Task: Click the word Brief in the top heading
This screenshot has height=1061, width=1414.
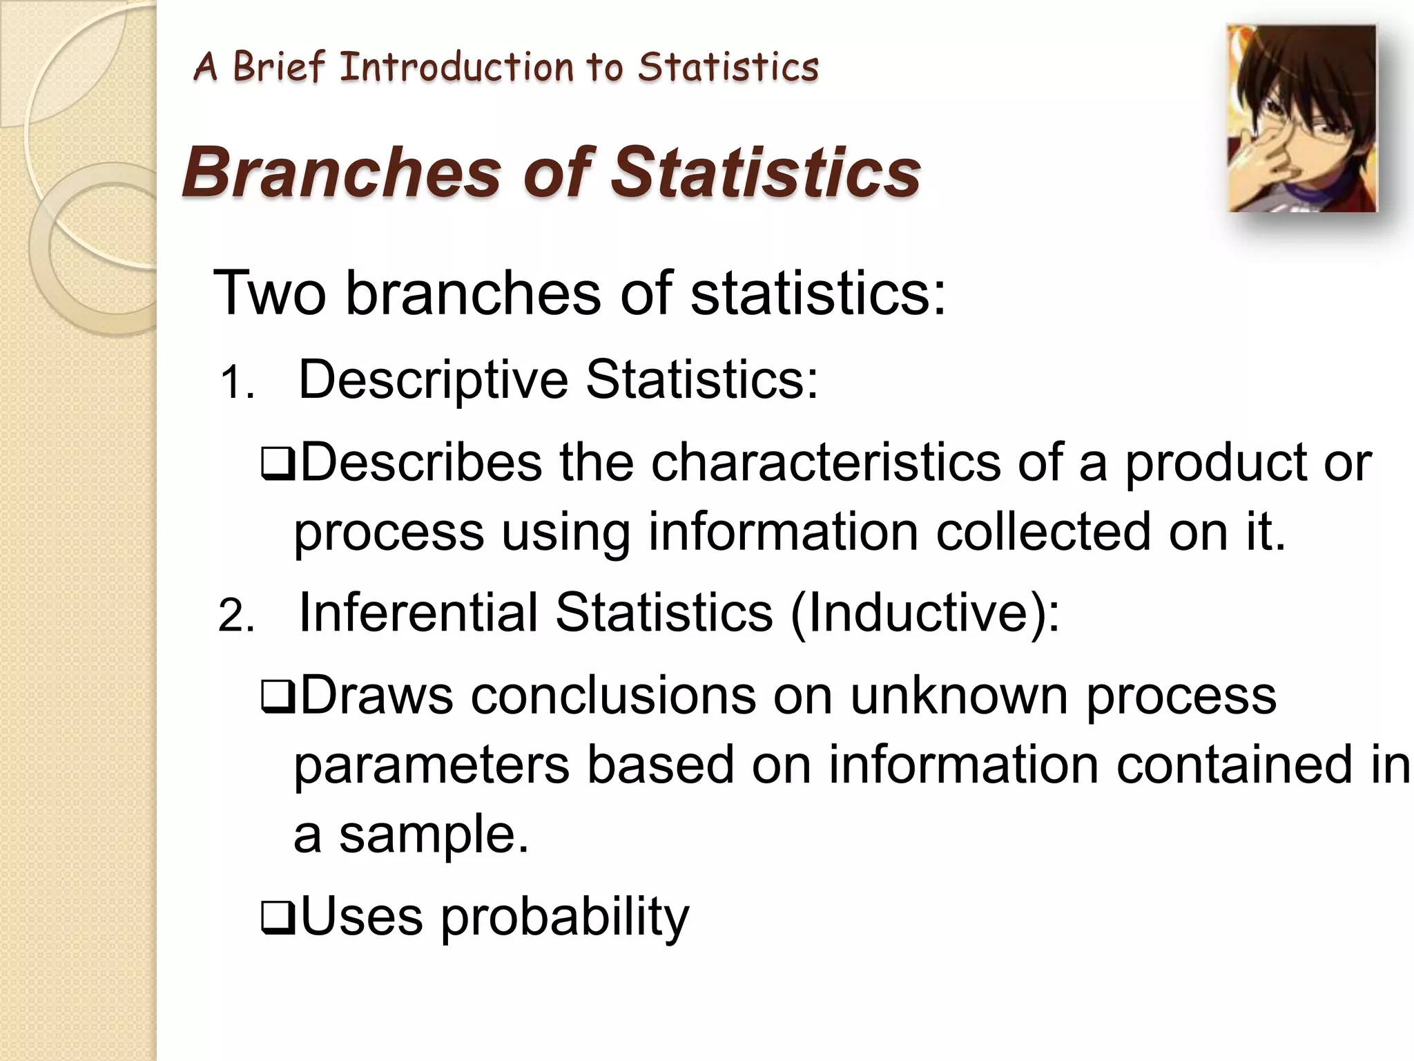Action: (278, 68)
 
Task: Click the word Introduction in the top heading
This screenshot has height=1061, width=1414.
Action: (456, 68)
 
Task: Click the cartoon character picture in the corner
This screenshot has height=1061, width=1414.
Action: (1301, 118)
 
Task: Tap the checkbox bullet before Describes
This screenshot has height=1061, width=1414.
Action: (278, 466)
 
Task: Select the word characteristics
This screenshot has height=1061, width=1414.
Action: (825, 462)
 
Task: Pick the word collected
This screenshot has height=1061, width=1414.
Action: (1043, 531)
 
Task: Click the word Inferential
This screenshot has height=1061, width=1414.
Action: (418, 613)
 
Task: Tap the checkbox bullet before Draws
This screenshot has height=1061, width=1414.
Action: (278, 698)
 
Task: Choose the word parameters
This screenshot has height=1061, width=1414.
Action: (432, 765)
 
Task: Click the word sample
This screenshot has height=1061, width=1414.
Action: (433, 834)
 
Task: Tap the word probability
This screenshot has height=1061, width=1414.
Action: (565, 917)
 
